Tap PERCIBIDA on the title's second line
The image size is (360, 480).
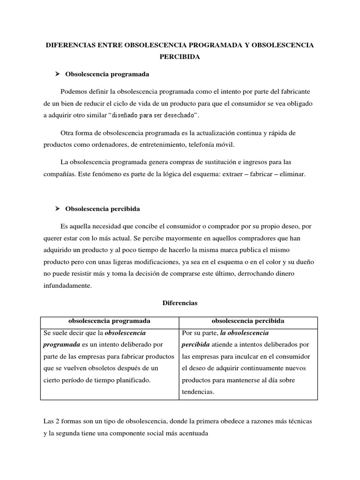[180, 57]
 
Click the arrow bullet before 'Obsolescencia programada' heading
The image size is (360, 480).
[59, 74]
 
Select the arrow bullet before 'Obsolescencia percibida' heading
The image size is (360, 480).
[59, 208]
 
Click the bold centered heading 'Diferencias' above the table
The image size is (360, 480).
[180, 303]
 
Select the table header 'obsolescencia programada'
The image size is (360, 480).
[109, 321]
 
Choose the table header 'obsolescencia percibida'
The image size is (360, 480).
[248, 321]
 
